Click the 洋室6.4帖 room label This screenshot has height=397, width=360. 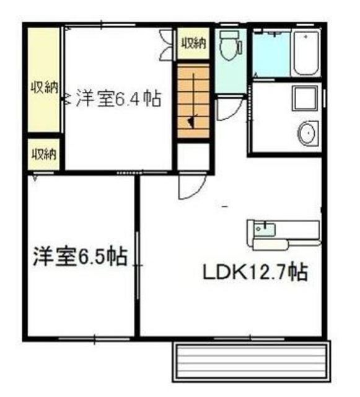click(119, 99)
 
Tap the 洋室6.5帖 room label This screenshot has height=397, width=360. click(80, 256)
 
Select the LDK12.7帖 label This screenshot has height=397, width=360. click(255, 272)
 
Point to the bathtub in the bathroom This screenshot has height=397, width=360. click(306, 53)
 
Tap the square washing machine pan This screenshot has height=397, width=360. click(305, 98)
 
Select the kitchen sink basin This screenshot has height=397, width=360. click(265, 230)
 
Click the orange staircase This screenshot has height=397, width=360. click(193, 101)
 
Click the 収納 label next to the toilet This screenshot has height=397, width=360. click(194, 43)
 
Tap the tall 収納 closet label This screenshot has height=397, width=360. click(44, 87)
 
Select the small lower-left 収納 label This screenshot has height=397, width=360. click(43, 154)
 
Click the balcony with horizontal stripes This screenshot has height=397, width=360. click(252, 360)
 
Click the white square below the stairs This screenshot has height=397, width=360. click(193, 157)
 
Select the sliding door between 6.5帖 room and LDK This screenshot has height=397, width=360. click(138, 265)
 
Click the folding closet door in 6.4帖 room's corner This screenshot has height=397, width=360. click(165, 45)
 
